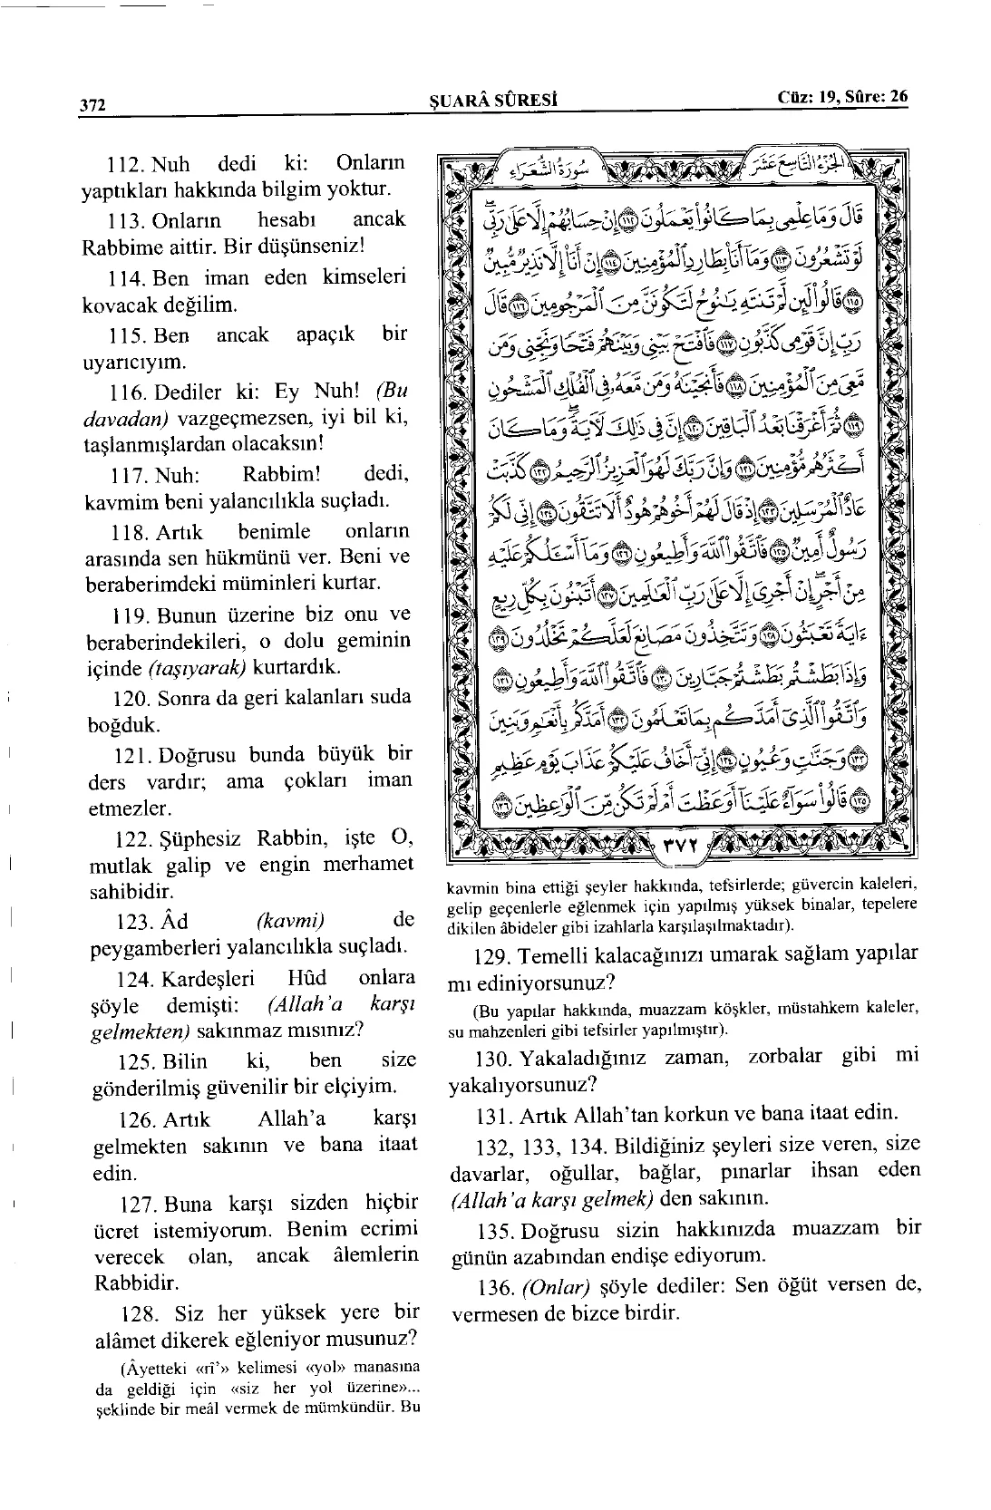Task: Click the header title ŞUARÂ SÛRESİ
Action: (x=491, y=101)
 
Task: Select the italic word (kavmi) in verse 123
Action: (x=290, y=921)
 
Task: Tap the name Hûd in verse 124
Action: (x=306, y=979)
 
